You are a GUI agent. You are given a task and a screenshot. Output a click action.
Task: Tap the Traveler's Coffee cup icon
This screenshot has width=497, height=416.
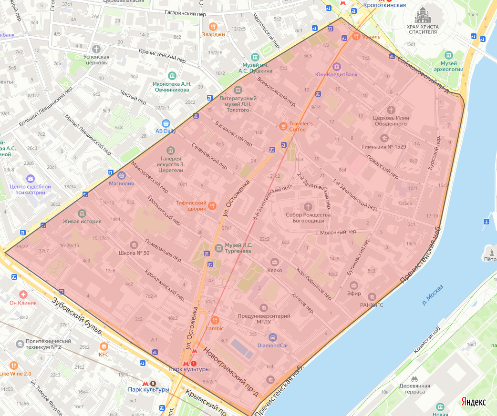pos(283,126)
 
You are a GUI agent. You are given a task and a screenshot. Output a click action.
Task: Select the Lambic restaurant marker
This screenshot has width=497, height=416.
pos(215,320)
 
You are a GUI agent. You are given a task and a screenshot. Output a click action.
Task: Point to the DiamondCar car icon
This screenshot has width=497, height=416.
pos(272,337)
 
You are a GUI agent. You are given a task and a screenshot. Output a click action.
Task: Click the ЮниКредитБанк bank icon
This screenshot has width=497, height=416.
pos(337,66)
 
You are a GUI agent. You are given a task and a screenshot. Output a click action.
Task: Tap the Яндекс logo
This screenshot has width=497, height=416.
pos(474,402)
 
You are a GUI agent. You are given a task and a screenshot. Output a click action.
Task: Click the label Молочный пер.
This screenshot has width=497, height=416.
pos(339,232)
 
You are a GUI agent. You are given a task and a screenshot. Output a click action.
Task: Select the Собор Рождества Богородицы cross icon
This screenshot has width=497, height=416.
pos(308,206)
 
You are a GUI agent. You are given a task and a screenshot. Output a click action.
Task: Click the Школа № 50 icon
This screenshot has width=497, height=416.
pos(134,244)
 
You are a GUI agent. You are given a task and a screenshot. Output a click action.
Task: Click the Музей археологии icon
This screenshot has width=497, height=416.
pos(449,55)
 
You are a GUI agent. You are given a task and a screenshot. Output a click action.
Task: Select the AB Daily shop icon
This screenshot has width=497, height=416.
pos(166,123)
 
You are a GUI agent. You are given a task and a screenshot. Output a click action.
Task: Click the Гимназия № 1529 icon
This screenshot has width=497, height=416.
pos(384,138)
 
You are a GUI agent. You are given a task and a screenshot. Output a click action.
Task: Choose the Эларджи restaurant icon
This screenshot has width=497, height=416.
pos(213,27)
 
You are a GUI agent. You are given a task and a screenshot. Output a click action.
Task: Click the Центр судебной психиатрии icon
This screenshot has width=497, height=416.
pos(31,178)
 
